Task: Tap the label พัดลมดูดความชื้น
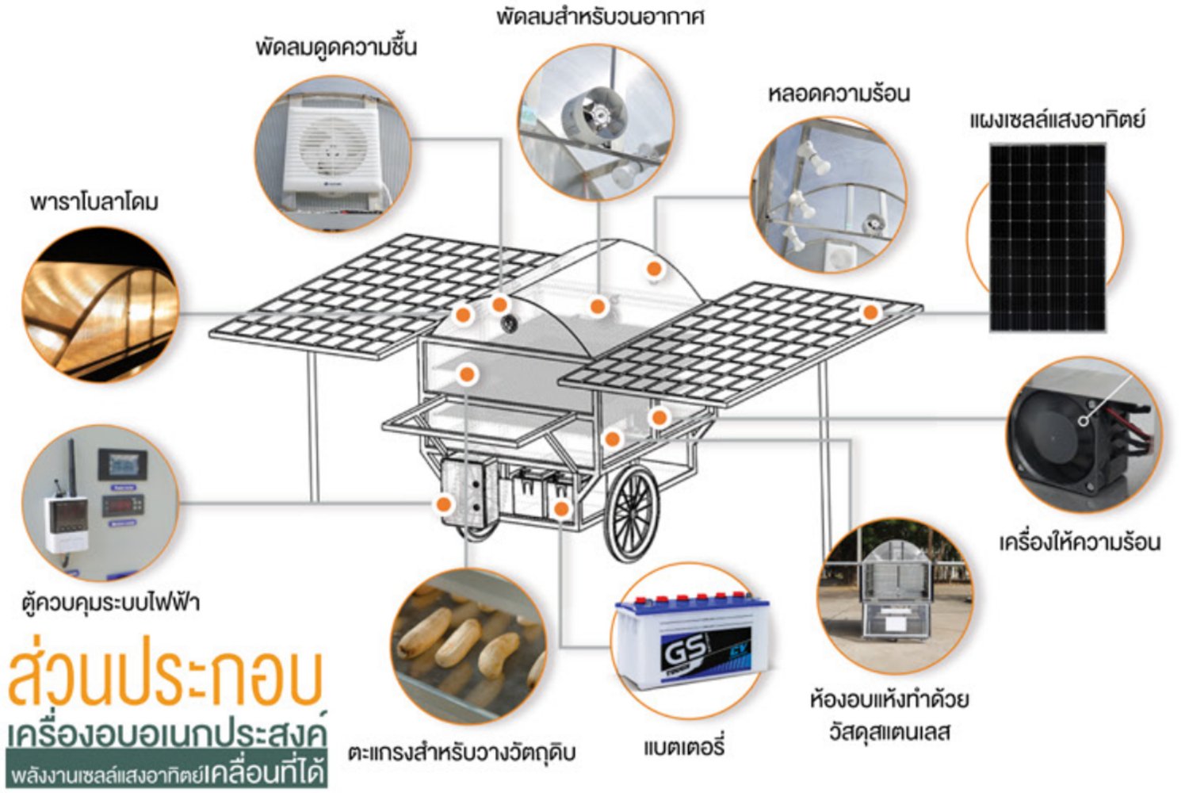336,47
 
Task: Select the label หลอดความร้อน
838,94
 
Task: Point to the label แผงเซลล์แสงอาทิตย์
1057,120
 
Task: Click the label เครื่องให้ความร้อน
1079,542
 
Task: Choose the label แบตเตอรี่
684,746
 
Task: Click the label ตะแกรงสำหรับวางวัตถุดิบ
461,752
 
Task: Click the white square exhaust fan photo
333,155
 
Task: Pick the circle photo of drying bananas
468,644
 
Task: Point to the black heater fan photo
1082,433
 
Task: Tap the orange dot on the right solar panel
870,312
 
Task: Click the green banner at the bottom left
166,772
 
